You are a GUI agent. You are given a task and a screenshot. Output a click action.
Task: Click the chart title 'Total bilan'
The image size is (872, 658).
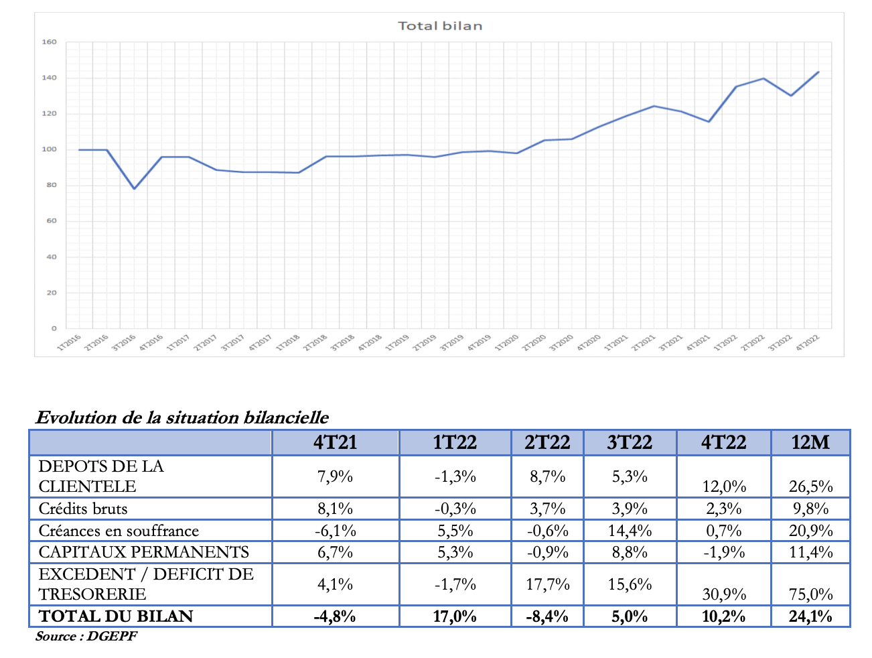tap(439, 26)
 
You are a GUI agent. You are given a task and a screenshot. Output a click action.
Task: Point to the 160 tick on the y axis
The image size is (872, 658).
tap(50, 42)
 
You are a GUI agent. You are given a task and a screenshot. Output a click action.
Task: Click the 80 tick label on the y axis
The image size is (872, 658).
tap(51, 185)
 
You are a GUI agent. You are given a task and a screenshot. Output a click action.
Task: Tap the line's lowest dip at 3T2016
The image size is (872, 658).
tap(134, 188)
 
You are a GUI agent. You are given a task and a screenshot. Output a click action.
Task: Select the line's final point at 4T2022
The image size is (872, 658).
tap(818, 72)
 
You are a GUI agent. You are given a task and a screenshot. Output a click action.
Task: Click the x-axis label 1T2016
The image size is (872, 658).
tap(69, 342)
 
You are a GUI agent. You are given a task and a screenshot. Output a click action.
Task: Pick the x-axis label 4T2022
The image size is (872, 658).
tap(807, 342)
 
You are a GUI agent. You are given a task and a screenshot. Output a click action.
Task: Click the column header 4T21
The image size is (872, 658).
tap(335, 443)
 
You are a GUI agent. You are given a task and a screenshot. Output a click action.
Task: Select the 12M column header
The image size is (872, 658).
tap(810, 443)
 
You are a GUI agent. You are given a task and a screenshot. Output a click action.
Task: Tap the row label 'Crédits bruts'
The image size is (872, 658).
tap(83, 509)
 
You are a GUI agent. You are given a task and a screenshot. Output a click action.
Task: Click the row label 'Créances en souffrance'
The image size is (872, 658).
tap(119, 531)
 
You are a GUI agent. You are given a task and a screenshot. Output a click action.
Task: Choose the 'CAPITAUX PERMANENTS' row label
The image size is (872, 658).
tap(143, 552)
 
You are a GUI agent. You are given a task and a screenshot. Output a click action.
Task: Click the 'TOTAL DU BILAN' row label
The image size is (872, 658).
tap(116, 616)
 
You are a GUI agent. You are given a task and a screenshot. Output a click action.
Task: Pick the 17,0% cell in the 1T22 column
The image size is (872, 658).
tap(455, 616)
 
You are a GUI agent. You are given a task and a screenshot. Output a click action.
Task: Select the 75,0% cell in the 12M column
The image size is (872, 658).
tap(810, 594)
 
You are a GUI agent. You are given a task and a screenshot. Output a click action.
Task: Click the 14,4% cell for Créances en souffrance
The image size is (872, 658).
tap(630, 531)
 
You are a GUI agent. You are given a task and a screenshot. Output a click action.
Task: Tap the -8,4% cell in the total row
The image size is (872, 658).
tap(547, 616)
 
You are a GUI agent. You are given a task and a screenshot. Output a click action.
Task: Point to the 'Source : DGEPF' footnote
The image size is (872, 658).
tap(86, 637)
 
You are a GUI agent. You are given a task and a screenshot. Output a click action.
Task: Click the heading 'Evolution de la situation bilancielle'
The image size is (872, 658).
tap(182, 417)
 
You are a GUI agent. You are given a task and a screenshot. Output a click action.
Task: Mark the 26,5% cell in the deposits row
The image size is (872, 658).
tap(810, 486)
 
